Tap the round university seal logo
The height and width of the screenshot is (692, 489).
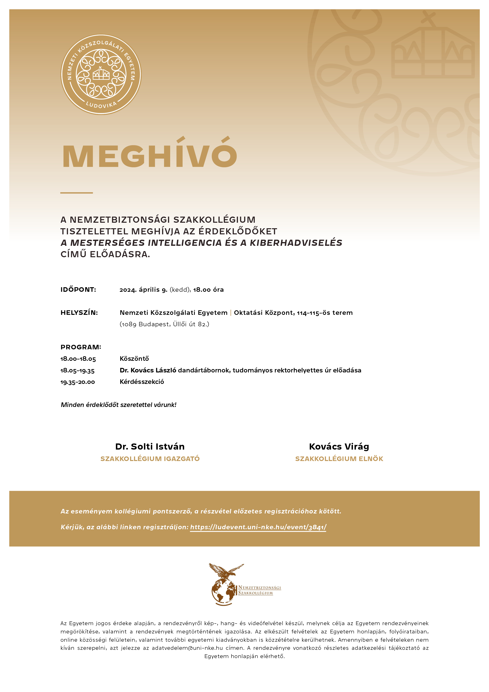coord(101,74)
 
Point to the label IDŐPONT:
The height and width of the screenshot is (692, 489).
coord(78,290)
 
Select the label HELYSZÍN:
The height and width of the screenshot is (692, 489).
coord(79,312)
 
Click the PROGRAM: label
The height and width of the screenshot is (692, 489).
coord(81,347)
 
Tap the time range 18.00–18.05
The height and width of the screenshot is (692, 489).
coord(78,359)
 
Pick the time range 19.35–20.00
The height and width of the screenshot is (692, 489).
coord(78,382)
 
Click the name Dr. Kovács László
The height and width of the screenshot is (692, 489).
coord(148,370)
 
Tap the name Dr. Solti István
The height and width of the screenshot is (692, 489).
coord(150,446)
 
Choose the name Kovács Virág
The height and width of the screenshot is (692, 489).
coord(339,446)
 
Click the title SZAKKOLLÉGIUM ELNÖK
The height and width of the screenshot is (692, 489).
coord(339,459)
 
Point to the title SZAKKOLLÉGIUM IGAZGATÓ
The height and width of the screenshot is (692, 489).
coord(150,459)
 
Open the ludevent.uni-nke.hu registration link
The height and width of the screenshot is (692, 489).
coord(258,527)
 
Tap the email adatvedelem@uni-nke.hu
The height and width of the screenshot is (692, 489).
coord(187,648)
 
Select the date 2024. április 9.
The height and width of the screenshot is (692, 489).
coord(143,290)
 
